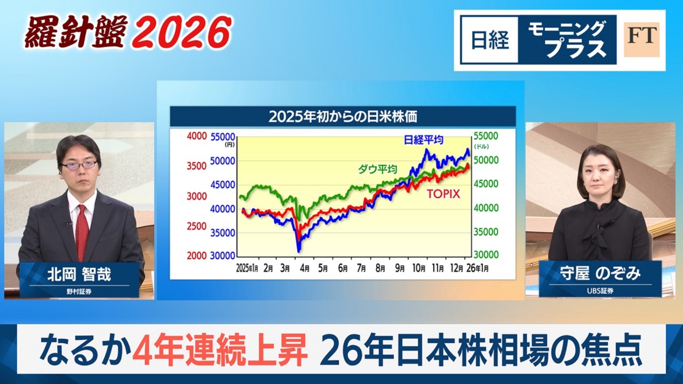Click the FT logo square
pos(641,39)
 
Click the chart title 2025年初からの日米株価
pos(342,116)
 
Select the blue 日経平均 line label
pos(424,140)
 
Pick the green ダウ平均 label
pos(378,170)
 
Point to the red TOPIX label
pos(443,194)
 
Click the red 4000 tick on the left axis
pos(196,137)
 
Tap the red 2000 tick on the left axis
pos(196,256)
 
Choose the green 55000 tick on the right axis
pos(486,137)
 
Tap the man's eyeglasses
pos(79,165)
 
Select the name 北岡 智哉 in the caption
pos(79,275)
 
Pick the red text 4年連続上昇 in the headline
pos(220,350)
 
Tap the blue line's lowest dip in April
pos(299,250)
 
